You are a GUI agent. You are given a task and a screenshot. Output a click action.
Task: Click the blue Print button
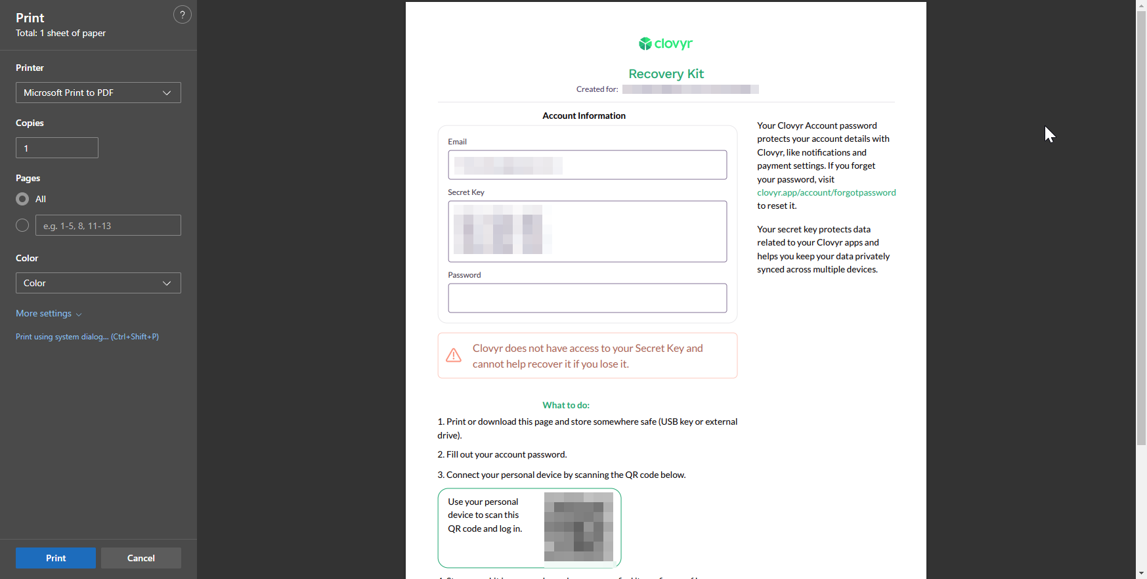coord(56,558)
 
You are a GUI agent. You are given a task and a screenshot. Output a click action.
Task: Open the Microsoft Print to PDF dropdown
coord(98,93)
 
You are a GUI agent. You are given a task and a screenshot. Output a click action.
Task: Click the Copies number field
coord(57,148)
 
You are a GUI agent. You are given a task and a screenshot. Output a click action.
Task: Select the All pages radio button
coord(22,199)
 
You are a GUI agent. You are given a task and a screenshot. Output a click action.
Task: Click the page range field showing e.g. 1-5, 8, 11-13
coord(108,225)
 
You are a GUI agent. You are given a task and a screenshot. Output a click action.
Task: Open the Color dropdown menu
coord(98,283)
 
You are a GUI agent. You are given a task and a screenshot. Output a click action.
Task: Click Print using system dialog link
coord(87,337)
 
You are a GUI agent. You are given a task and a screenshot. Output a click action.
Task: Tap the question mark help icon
coord(183,14)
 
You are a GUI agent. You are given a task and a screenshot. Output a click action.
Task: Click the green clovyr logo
coord(666,44)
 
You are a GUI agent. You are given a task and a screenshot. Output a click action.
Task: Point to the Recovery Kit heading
coord(666,74)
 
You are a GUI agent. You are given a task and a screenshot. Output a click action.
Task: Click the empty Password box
coord(587,298)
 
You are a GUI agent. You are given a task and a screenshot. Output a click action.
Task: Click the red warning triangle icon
coord(454,356)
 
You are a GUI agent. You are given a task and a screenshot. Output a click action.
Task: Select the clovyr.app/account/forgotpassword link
coord(826,192)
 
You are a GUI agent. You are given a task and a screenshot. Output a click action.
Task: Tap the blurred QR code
coord(578,527)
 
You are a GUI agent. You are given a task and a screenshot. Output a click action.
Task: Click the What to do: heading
coord(566,405)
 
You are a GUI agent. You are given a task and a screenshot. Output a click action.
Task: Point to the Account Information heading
coord(584,116)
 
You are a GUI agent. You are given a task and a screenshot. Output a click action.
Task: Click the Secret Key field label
coord(466,192)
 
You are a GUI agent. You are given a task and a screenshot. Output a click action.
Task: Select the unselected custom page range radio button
coord(22,225)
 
